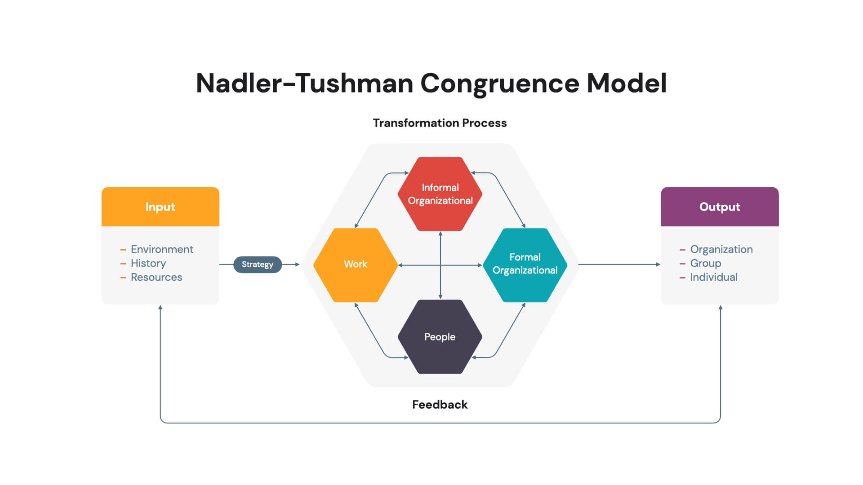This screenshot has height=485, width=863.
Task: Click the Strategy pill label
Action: click(x=258, y=265)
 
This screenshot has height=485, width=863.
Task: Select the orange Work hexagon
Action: click(x=356, y=265)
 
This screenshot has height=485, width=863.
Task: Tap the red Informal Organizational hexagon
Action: click(x=440, y=194)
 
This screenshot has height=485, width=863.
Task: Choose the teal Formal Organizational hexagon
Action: click(x=525, y=265)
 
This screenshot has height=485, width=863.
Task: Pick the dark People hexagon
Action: click(x=440, y=337)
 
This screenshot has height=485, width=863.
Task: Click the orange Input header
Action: click(x=160, y=207)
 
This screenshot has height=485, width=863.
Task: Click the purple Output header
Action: click(x=720, y=207)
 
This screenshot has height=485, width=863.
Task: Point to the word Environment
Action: click(x=162, y=249)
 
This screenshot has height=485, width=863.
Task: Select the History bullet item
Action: click(x=148, y=264)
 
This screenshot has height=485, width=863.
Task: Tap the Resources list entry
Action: click(x=156, y=277)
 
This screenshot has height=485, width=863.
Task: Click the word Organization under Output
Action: click(x=721, y=250)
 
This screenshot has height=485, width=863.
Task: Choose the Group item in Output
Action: click(x=706, y=264)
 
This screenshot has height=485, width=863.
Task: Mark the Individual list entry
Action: click(x=714, y=277)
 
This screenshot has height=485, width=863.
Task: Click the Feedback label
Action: click(x=440, y=405)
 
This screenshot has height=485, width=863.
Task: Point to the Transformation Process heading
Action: click(x=440, y=123)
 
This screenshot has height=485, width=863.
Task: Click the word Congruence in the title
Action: click(x=500, y=84)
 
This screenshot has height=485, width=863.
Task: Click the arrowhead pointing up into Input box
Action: click(x=160, y=308)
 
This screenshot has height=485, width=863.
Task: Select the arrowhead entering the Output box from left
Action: click(x=658, y=265)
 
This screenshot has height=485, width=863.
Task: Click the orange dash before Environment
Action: click(x=123, y=250)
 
